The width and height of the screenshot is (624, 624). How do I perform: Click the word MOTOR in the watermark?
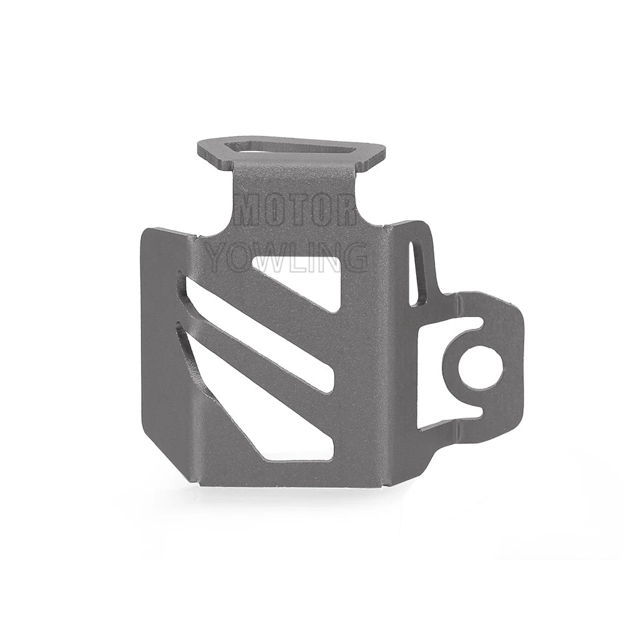295,212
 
